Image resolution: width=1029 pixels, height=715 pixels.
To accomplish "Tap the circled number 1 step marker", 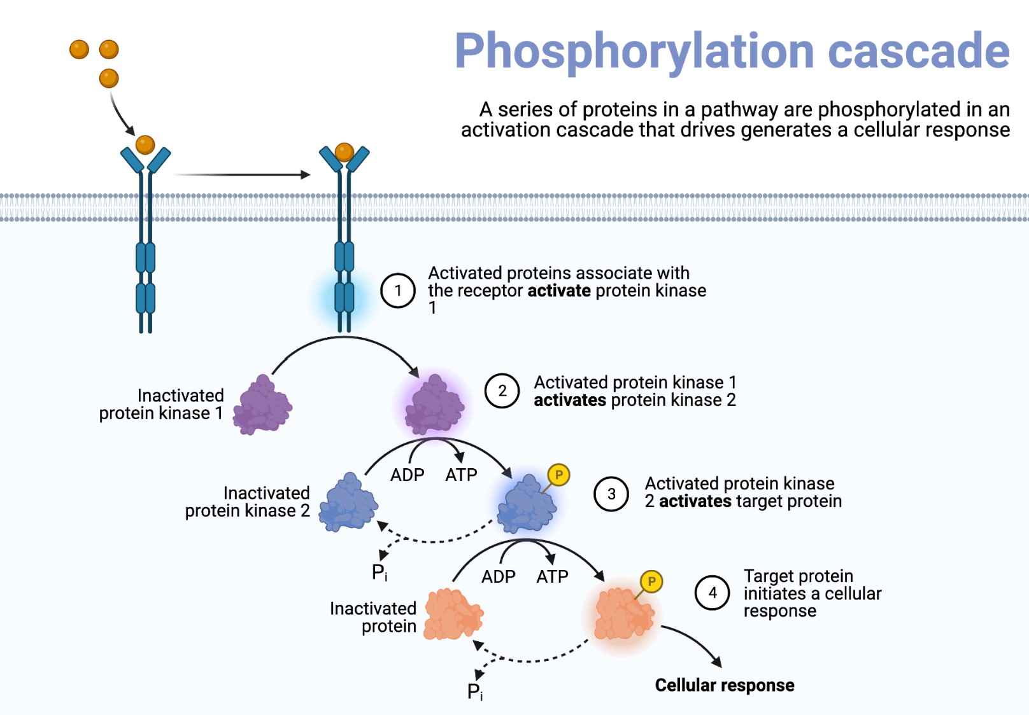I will click(398, 291).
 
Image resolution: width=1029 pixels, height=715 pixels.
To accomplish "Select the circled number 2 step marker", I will click(502, 391).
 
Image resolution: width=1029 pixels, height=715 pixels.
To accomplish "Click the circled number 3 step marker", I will click(611, 494).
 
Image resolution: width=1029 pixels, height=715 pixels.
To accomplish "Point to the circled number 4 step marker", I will click(712, 593).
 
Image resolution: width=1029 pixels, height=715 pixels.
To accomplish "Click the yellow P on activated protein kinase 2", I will click(558, 475).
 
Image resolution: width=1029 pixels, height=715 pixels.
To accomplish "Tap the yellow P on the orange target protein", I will click(651, 581).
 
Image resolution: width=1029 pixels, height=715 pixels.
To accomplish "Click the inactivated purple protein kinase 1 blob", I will click(262, 405).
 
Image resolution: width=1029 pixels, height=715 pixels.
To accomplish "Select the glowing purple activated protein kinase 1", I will click(435, 405).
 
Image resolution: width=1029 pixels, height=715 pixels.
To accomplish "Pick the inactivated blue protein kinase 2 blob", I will click(348, 503).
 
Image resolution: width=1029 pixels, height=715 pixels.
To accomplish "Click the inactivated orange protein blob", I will click(453, 614).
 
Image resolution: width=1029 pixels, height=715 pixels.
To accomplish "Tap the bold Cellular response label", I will click(724, 685).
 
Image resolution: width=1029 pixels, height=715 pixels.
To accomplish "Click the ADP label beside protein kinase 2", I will click(407, 475).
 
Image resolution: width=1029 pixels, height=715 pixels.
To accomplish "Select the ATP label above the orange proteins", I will click(552, 577).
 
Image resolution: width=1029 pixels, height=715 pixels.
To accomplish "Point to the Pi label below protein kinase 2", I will click(379, 573).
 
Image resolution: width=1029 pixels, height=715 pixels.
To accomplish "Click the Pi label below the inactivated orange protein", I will click(474, 691).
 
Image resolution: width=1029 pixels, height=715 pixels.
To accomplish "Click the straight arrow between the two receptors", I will click(242, 174).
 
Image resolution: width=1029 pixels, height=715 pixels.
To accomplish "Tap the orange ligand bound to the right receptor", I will click(344, 152).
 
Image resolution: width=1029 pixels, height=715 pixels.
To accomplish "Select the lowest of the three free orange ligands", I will click(109, 78).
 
